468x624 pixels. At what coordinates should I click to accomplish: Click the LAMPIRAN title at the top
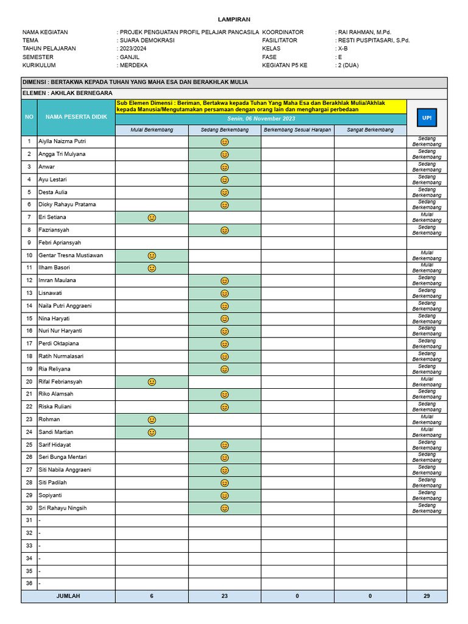coord(234,19)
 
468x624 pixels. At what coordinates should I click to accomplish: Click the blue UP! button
coord(427,117)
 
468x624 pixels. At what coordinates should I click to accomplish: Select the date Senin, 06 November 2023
coord(261,119)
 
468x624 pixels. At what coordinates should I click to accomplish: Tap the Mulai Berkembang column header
coord(152,130)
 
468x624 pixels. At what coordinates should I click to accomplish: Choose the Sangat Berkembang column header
coord(370,130)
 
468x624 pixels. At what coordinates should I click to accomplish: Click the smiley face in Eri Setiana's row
coord(152,218)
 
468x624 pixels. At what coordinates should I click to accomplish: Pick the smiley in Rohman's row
coord(152,420)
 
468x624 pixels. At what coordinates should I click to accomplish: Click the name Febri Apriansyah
coord(60,243)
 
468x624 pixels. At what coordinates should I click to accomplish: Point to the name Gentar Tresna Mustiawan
coord(71,255)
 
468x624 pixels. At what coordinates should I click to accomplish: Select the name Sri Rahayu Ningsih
coord(63,508)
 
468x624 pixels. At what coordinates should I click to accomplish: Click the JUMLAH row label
coord(68,596)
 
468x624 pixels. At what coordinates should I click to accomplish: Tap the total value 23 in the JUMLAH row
coord(224,596)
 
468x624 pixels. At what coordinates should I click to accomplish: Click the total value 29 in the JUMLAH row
coord(427,596)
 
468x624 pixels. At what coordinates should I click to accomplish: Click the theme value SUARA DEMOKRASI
coord(147,40)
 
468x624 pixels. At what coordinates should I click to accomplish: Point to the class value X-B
coord(343,49)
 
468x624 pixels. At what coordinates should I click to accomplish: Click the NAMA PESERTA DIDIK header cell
coord(76,116)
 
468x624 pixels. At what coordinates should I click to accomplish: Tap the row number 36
coord(29,583)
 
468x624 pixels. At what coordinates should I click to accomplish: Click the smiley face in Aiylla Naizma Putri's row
coord(224,141)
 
